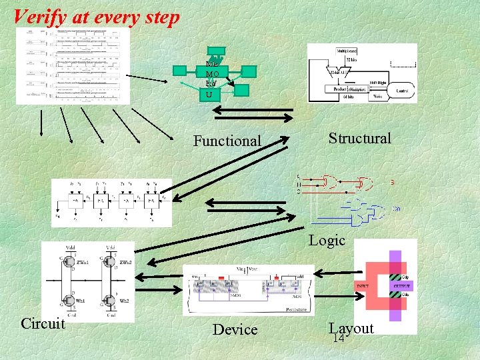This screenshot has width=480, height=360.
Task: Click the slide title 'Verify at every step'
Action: coord(97,17)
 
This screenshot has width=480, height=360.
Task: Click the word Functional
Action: coord(227,141)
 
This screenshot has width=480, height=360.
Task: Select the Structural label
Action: coord(359,138)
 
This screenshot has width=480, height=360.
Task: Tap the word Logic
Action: coord(327,240)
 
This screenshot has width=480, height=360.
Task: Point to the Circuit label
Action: coord(43,324)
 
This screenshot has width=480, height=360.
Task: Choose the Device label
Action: coord(235,329)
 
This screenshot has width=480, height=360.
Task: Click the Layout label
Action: coord(351,328)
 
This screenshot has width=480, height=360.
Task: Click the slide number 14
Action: coord(338,339)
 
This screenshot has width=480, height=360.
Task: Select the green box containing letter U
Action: coord(209,95)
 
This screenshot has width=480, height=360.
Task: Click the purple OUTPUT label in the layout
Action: coord(402,286)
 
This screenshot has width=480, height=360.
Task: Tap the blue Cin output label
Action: coord(396,208)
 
